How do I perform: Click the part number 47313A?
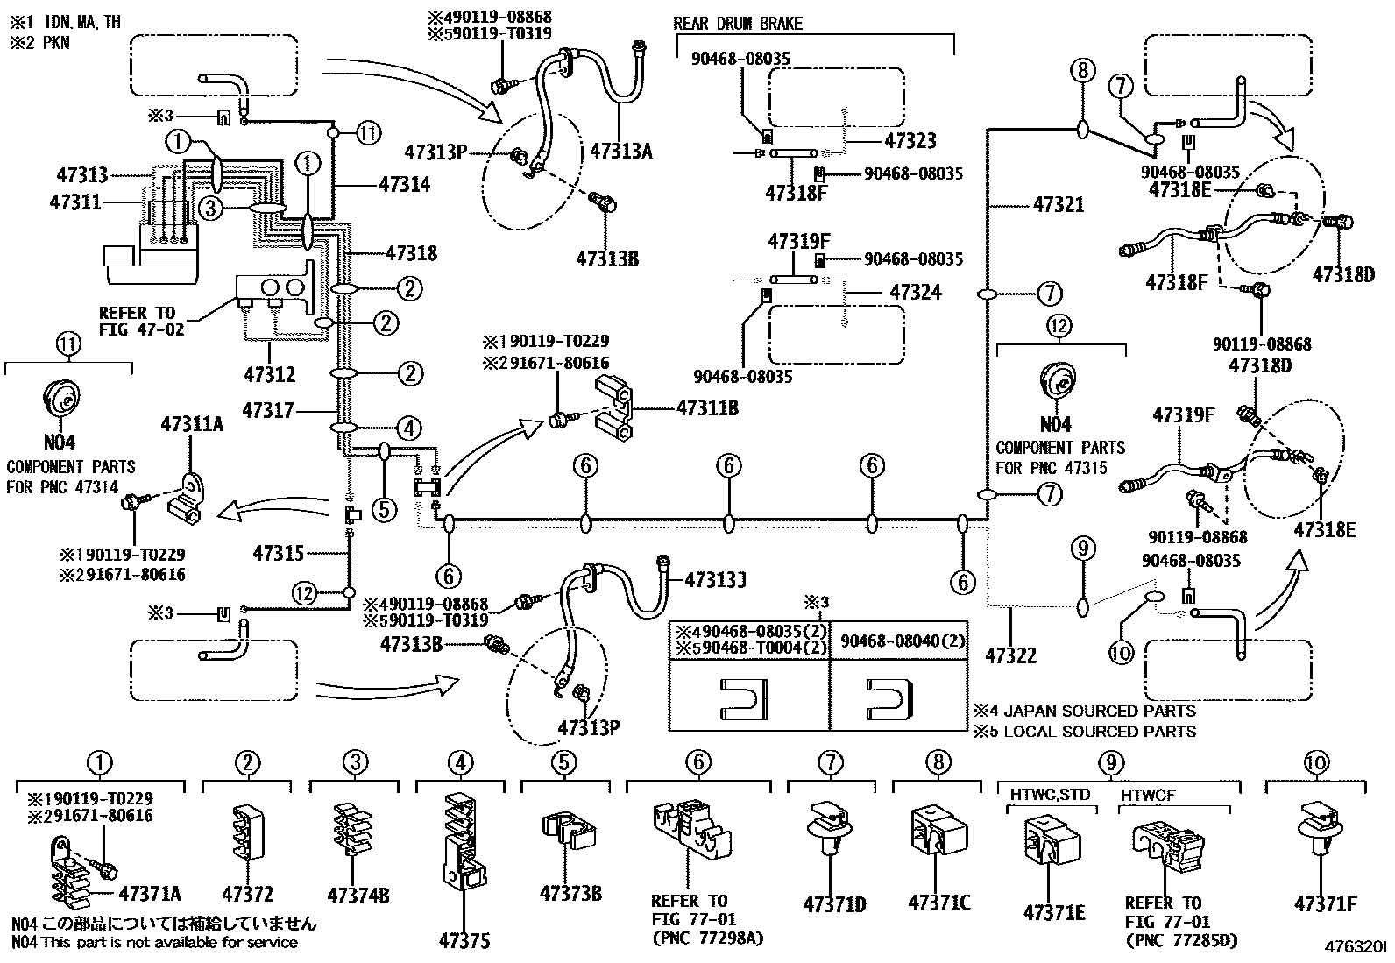click(x=620, y=151)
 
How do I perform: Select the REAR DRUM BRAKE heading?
click(x=737, y=24)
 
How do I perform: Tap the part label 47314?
click(x=405, y=185)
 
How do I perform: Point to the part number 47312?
click(x=269, y=375)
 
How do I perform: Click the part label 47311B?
click(x=707, y=407)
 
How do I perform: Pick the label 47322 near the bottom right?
click(x=1010, y=655)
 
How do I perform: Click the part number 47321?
click(x=1059, y=204)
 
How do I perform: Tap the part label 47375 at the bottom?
click(x=464, y=941)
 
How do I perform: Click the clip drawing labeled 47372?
click(x=248, y=828)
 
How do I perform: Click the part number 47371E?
click(x=1054, y=913)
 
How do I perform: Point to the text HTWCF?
click(x=1148, y=794)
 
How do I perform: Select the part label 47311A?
click(x=191, y=425)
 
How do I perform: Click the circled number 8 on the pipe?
click(x=1082, y=70)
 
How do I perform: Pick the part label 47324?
click(x=915, y=292)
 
